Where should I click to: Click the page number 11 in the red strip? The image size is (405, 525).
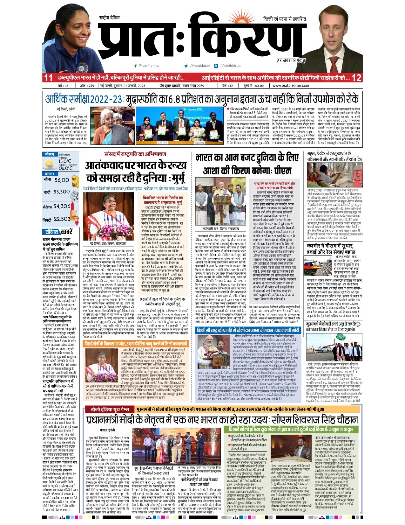(x=48, y=78)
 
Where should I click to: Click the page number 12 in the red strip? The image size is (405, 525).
(x=356, y=78)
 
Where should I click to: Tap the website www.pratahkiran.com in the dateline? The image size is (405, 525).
(x=291, y=86)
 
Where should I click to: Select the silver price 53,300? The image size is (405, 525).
(x=61, y=192)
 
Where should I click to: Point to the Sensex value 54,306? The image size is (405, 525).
(x=62, y=206)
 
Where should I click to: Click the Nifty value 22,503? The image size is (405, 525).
(x=62, y=219)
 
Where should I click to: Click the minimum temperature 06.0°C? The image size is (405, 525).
(x=65, y=168)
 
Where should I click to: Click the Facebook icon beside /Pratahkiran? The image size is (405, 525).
(x=136, y=66)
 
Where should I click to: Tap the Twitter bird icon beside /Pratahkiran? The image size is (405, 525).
(x=186, y=66)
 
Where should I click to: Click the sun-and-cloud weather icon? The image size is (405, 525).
(x=50, y=164)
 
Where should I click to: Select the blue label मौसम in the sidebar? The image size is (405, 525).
(x=50, y=154)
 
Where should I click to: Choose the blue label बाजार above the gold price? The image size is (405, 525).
(x=50, y=174)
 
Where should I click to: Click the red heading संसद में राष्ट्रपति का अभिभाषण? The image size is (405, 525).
(x=135, y=154)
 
